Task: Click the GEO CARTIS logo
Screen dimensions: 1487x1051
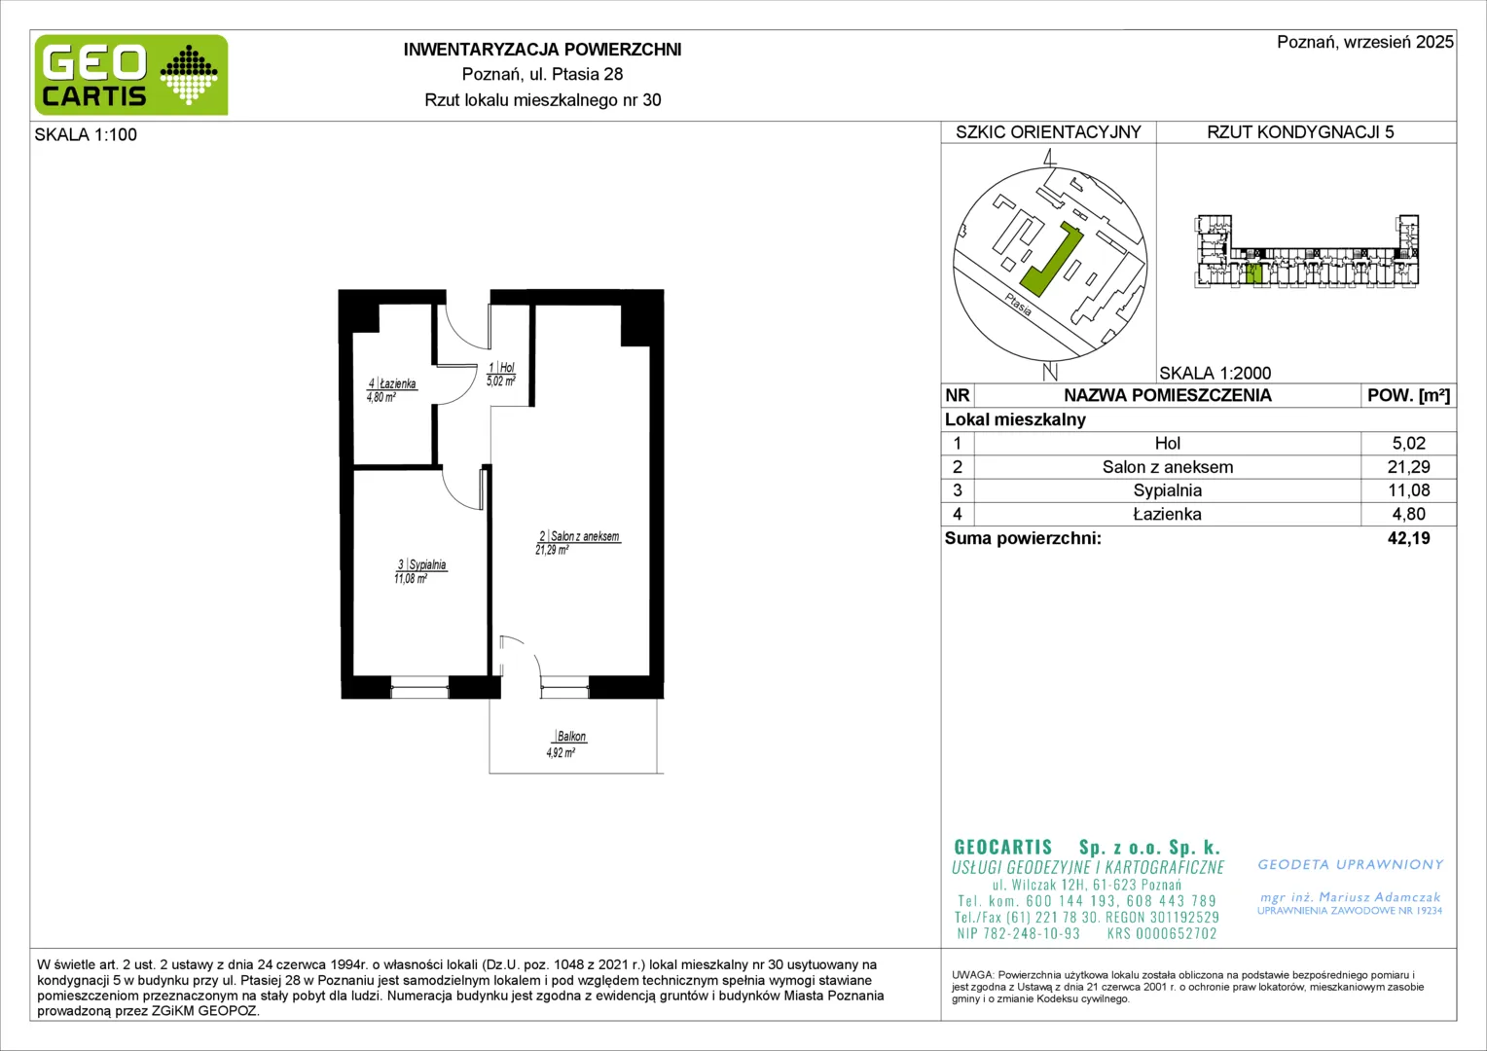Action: click(x=131, y=75)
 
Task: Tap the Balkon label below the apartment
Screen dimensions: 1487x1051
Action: click(x=571, y=737)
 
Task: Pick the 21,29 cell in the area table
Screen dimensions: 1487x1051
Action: click(x=1408, y=467)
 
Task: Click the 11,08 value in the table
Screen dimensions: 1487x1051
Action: click(x=1408, y=490)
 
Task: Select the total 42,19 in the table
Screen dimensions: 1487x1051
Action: click(x=1408, y=538)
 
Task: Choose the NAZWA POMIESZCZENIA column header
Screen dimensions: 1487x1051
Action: click(x=1167, y=396)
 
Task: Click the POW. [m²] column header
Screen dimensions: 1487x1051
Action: click(x=1408, y=396)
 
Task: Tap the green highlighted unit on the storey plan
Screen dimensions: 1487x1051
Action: click(x=1254, y=273)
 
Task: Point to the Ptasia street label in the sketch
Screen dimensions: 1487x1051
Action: click(x=1018, y=305)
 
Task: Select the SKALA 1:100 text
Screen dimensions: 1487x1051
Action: click(x=86, y=134)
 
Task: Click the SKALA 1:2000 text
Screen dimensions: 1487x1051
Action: click(x=1215, y=373)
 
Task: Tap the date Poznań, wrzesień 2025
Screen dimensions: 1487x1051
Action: click(x=1364, y=42)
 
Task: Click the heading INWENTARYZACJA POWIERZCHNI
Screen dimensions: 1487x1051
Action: click(x=542, y=50)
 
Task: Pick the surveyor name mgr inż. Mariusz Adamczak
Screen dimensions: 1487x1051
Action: click(x=1350, y=897)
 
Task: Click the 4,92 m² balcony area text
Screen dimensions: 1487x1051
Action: click(x=561, y=753)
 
